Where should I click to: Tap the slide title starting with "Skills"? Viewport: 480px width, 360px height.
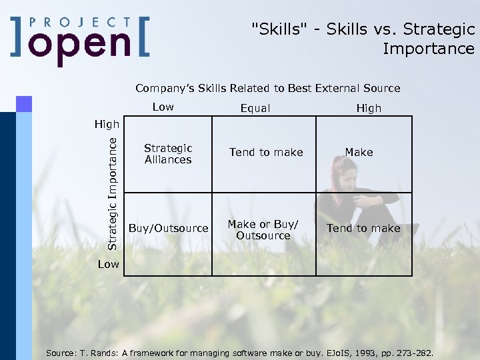coord(363,39)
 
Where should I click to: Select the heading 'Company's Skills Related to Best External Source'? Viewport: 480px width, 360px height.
coord(267,88)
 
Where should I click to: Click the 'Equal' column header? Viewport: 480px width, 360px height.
coord(255,108)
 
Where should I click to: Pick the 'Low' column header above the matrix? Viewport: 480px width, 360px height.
coord(163,107)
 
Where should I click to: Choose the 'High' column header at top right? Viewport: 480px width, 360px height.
coord(369,108)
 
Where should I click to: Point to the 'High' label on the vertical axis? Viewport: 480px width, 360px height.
coord(107,124)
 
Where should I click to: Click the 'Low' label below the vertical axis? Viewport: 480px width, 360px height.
coord(108,264)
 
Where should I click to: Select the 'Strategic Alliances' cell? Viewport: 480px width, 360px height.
coord(168,154)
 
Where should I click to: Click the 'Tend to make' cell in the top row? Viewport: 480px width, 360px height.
coord(266,153)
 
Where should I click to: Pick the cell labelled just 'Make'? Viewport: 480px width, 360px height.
coord(359,153)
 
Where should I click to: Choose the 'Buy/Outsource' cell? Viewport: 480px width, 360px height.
coord(168,228)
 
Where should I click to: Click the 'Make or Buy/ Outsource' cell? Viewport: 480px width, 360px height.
coord(263,230)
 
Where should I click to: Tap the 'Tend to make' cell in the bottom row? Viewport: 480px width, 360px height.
coord(363,228)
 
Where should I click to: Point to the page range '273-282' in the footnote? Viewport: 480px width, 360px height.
coord(409,352)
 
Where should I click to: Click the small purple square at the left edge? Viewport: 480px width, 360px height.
coord(24,103)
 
